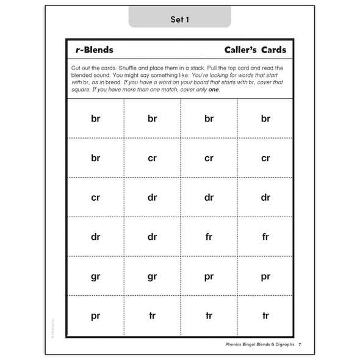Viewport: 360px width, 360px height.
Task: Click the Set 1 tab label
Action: tap(179, 20)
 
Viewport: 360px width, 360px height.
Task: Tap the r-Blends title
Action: tap(92, 50)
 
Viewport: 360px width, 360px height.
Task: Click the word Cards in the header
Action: tap(272, 50)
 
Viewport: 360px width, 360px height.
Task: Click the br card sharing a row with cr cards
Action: tap(96, 158)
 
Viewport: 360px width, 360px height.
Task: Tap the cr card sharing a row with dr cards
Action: tap(96, 198)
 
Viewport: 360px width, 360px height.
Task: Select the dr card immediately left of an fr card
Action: tap(152, 237)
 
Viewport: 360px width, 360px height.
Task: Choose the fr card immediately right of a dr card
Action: tap(209, 237)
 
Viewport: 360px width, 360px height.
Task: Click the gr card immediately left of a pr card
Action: tap(152, 276)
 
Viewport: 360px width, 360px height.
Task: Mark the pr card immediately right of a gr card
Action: tap(209, 276)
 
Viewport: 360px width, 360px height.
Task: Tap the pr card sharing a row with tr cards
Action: tap(96, 315)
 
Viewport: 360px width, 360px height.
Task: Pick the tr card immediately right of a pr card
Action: tap(152, 315)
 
